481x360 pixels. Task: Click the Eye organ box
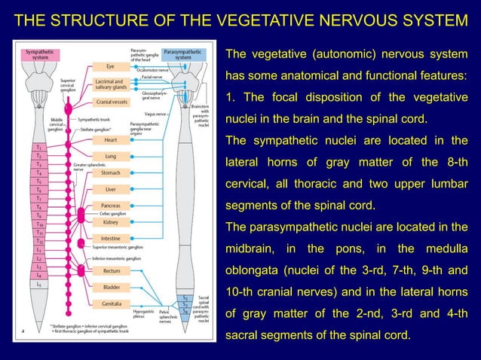pos(110,66)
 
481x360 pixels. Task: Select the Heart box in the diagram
pos(110,139)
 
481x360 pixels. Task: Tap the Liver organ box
pos(110,190)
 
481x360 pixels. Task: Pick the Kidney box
pos(110,222)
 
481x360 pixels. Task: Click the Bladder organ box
pos(110,287)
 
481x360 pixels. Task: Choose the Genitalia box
pos(110,304)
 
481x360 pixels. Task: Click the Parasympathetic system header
pos(182,54)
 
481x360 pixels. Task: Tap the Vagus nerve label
pos(157,113)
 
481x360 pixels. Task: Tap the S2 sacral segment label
pos(185,298)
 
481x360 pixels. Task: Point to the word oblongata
pos(254,270)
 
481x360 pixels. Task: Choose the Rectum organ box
pos(110,270)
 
